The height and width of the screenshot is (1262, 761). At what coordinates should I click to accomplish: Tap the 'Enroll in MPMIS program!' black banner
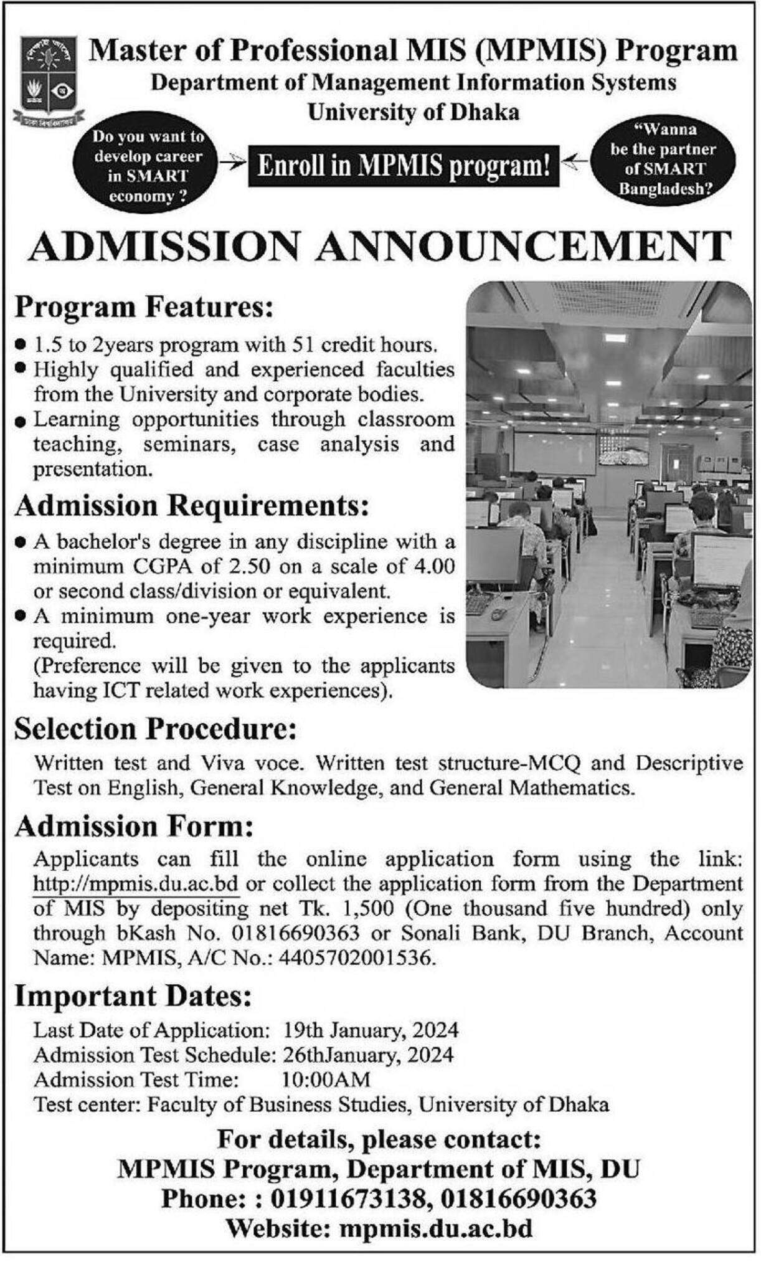404,166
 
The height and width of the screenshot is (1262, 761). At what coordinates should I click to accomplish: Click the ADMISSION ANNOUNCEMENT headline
380,246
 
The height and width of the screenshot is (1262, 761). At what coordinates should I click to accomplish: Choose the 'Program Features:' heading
144,307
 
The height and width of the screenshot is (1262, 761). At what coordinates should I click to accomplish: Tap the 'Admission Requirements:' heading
188,506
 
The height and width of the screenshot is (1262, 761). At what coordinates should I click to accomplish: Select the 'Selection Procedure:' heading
155,729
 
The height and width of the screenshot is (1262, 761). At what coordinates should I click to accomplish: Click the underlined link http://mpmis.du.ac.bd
136,884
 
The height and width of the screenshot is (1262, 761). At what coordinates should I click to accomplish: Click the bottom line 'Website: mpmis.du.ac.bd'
379,1229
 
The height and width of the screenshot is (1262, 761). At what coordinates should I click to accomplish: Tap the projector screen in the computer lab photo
554,453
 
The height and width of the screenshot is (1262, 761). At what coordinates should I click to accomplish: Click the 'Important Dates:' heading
133,996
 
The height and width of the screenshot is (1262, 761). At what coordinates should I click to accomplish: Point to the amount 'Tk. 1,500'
354,909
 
